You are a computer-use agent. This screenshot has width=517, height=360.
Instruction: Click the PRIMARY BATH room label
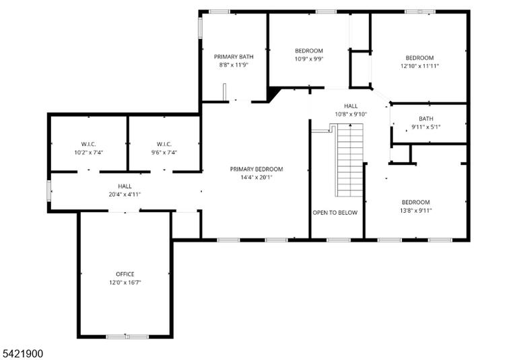[x=234, y=57]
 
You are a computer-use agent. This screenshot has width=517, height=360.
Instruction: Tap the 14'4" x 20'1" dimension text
[x=256, y=178]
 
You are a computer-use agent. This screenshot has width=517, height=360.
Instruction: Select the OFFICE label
[x=125, y=274]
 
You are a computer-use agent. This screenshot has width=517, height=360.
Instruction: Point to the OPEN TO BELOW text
[x=335, y=213]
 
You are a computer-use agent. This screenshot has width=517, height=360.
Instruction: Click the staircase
[x=349, y=160]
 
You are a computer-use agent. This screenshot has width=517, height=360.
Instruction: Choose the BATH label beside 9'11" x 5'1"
[x=426, y=118]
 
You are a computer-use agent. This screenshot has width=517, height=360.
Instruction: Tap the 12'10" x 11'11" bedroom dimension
[x=420, y=66]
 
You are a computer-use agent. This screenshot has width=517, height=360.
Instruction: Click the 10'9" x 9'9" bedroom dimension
[x=309, y=59]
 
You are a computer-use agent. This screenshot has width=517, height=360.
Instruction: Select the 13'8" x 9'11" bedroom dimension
[x=416, y=211]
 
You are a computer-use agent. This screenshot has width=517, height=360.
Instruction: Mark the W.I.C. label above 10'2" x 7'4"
[x=88, y=144]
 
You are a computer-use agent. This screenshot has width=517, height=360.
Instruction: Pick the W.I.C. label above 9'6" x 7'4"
[x=164, y=144]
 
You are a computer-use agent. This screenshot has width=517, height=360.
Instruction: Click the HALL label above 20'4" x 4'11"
[x=125, y=186]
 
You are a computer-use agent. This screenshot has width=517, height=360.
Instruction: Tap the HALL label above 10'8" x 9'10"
[x=351, y=106]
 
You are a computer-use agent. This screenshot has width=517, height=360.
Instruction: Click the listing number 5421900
[x=22, y=354]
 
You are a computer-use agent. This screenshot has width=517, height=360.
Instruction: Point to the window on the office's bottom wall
[x=127, y=336]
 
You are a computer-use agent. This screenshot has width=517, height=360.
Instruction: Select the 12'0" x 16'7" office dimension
[x=125, y=283]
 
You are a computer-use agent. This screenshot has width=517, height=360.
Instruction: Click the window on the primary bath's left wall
[x=200, y=28]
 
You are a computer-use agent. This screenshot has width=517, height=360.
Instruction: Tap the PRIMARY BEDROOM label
[x=256, y=169]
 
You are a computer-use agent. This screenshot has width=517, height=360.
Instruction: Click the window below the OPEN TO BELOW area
[x=339, y=240]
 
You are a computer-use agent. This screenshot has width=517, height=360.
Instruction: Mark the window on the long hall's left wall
[x=48, y=190]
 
